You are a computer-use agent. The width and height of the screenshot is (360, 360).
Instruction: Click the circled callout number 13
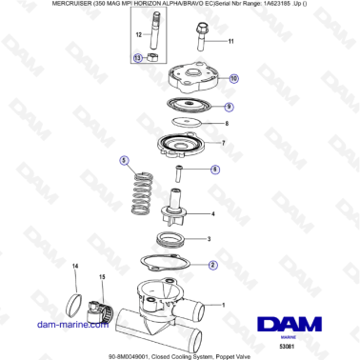[137, 58]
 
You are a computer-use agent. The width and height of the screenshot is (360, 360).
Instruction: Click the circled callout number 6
[215, 170]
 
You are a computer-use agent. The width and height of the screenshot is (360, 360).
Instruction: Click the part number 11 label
[230, 42]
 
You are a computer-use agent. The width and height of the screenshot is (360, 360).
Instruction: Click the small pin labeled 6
[177, 172]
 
